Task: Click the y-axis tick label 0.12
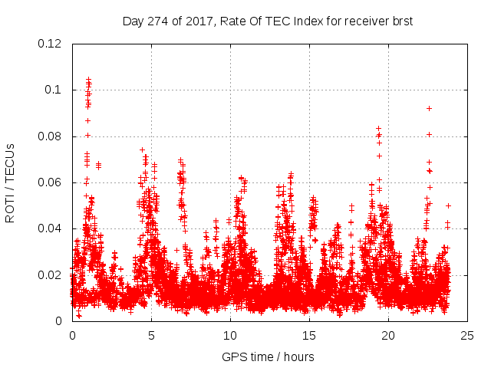point(51,44)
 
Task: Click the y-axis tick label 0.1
point(54,90)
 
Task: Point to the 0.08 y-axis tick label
point(51,136)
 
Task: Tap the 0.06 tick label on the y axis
point(51,182)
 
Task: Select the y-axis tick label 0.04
point(51,228)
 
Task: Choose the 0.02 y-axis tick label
point(51,275)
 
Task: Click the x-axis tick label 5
point(151,336)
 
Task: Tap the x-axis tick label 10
point(230,336)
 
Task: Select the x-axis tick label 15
point(309,336)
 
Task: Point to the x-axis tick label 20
point(388,336)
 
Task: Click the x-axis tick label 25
point(467,336)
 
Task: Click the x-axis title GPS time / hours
point(268,356)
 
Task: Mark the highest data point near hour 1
point(88,79)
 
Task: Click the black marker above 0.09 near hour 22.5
point(429,108)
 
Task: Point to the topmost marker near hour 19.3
point(378,128)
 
